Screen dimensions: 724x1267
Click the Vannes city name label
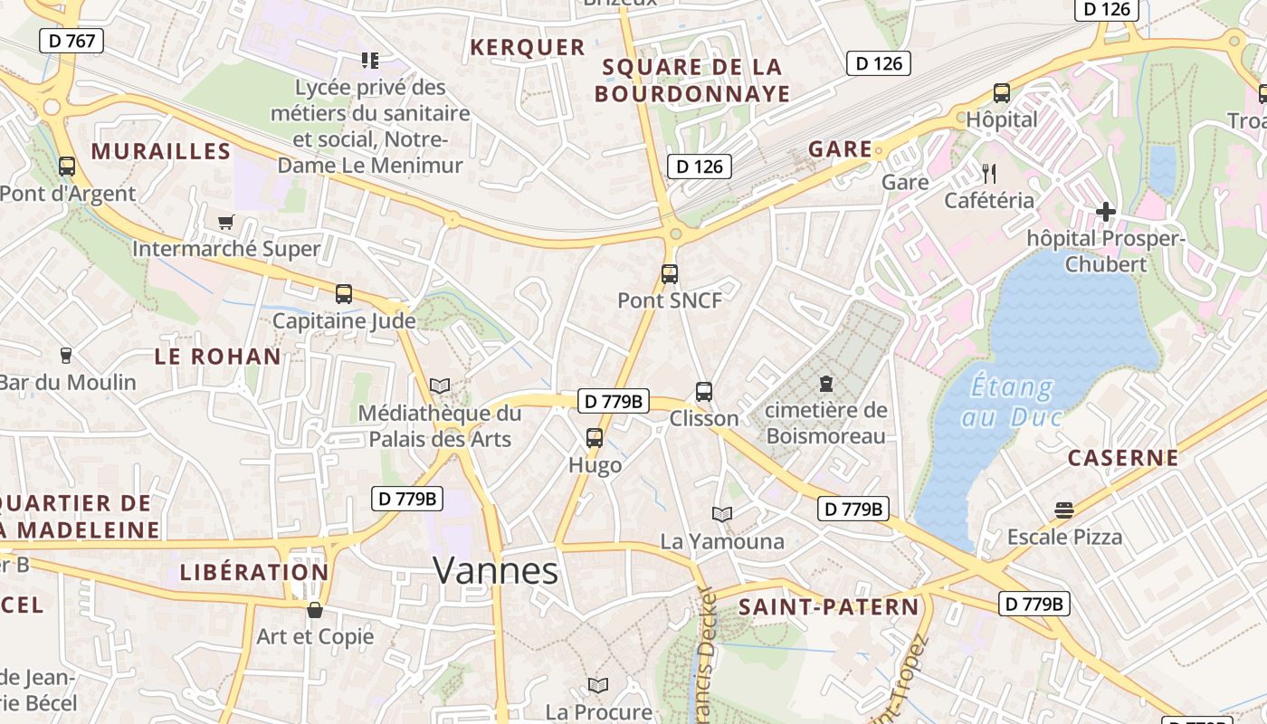coord(496,570)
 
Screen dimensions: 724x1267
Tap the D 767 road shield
coord(71,41)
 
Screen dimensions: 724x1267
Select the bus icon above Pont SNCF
coord(670,274)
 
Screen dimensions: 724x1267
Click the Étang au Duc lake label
coord(1011,402)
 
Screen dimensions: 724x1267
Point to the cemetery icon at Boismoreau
coord(825,384)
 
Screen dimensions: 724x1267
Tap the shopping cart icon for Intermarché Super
coord(226,222)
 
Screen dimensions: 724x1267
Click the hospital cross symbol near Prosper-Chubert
coord(1105,212)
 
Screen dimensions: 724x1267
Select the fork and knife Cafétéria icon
coord(988,173)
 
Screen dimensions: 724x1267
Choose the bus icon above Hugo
coord(595,438)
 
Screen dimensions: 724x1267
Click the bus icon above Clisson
coord(704,392)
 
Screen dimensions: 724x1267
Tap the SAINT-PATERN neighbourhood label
coord(828,607)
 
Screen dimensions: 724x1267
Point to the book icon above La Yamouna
coord(721,515)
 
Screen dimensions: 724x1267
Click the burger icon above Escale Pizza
coord(1064,510)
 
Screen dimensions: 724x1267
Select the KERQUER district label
coord(528,47)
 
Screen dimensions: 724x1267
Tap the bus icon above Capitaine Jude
coord(344,294)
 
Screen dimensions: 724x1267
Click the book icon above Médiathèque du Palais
coord(440,386)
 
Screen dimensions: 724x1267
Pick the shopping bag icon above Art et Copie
coord(315,610)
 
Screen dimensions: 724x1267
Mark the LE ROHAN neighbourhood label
coord(218,357)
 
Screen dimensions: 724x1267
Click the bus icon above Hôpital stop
coord(1002,92)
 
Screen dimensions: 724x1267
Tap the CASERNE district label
coord(1123,458)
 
